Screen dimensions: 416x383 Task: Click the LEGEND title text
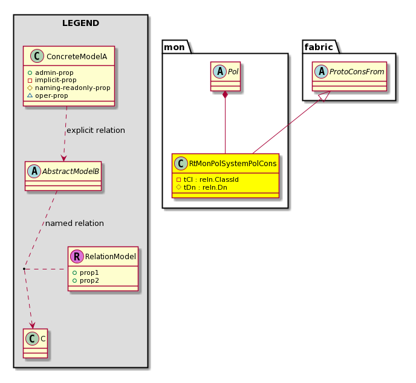click(80, 23)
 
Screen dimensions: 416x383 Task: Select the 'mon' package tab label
click(174, 47)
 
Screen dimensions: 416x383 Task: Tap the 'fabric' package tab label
click(319, 47)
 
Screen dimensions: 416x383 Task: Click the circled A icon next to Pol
click(219, 71)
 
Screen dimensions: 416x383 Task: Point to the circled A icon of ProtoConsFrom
click(321, 71)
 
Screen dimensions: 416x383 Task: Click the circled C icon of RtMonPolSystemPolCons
click(181, 163)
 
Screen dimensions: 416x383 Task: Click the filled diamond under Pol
click(226, 95)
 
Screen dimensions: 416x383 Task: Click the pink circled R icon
click(77, 256)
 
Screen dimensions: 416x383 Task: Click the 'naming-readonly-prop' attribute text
click(73, 88)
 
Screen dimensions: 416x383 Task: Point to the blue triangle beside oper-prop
click(30, 95)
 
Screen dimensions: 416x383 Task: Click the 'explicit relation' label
click(96, 130)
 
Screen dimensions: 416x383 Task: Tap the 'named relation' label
click(74, 223)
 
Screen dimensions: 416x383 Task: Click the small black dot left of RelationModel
click(24, 269)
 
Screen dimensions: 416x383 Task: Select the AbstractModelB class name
click(71, 172)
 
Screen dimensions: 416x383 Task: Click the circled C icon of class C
click(33, 339)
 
